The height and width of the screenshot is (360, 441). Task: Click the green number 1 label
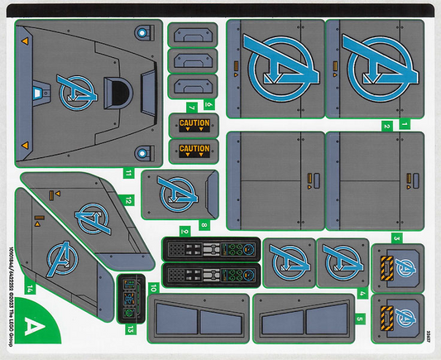pos(405,123)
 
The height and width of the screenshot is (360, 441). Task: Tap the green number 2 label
pos(386,127)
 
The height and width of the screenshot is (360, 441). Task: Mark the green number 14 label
pos(29,289)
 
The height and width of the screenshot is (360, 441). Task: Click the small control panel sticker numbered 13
pos(130,295)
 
